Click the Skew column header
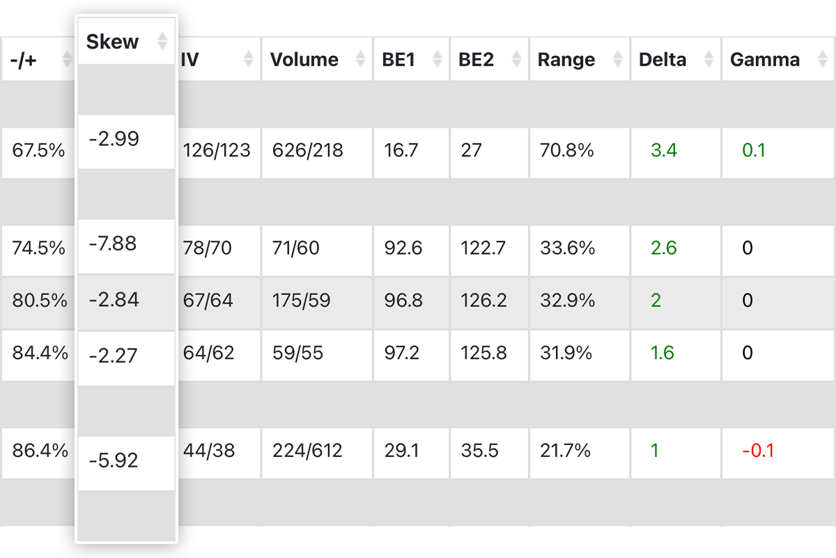pos(113,42)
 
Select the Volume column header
pos(304,60)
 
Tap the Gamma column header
pos(765,60)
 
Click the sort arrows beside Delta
pos(709,60)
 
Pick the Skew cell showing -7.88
pos(113,244)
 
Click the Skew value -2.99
pos(114,139)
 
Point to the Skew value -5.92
pos(114,460)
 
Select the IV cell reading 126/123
pos(217,150)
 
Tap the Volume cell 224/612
pos(307,451)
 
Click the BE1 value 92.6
pos(403,248)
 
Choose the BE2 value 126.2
pos(483,301)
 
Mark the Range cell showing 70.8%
pos(566,150)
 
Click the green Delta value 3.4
pos(663,150)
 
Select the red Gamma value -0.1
pos(758,451)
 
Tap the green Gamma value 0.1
pos(754,150)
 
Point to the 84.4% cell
pos(40,353)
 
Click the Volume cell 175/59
pos(302,301)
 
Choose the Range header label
pos(566,60)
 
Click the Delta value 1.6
pos(663,353)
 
